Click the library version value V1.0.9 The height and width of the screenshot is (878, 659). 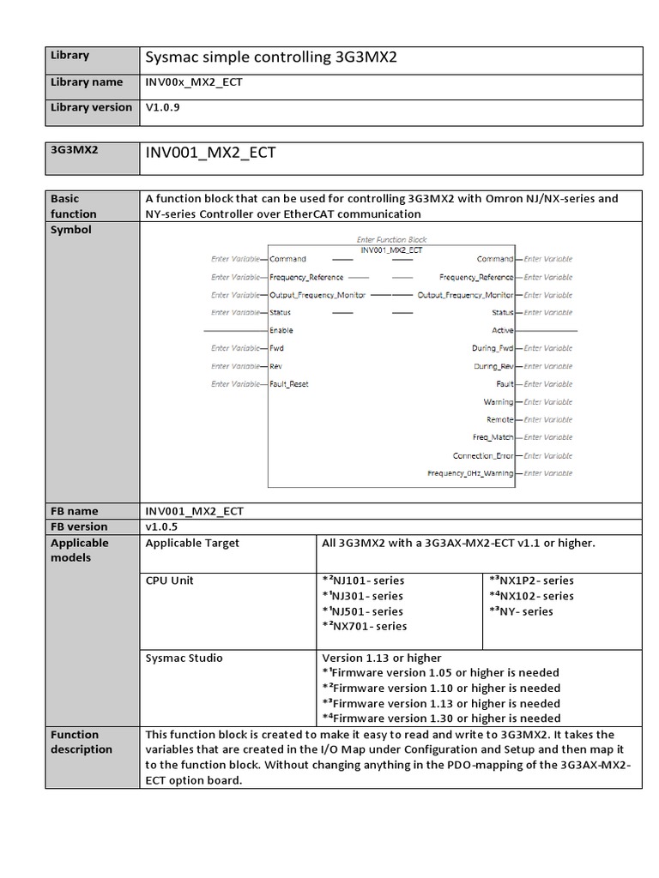(163, 108)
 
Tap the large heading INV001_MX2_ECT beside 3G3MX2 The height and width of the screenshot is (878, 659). (210, 153)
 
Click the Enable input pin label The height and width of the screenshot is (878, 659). (281, 330)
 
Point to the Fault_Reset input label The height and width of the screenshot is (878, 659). (289, 384)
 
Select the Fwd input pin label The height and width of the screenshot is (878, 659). (277, 348)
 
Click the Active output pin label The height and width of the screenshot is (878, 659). (502, 330)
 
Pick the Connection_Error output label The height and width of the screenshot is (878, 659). (483, 455)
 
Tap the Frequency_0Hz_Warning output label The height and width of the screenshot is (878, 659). (470, 473)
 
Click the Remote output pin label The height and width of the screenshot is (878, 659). (499, 420)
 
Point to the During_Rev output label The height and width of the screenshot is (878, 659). (493, 366)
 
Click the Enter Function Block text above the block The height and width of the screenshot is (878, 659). (391, 239)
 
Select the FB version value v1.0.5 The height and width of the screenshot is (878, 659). (163, 526)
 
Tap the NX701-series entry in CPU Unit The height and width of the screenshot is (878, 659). (364, 626)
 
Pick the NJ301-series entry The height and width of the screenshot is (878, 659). (362, 596)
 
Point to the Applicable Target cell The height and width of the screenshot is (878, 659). (193, 543)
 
